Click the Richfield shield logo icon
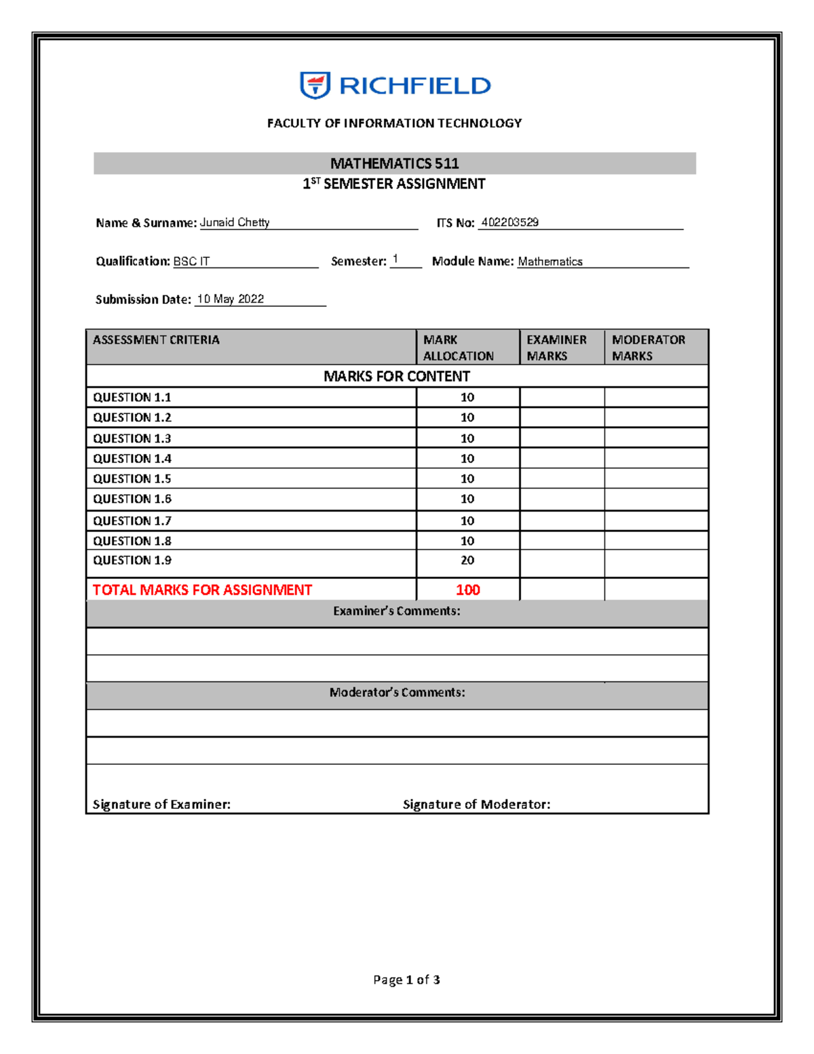click(315, 86)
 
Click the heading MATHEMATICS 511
click(394, 164)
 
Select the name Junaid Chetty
click(235, 223)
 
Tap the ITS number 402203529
click(509, 223)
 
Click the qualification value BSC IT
click(191, 261)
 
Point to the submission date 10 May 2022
click(230, 299)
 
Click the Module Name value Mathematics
click(550, 261)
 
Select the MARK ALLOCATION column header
click(458, 347)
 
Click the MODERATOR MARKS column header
click(648, 347)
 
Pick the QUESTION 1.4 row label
click(132, 459)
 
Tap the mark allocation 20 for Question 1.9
click(467, 561)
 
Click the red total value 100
click(468, 590)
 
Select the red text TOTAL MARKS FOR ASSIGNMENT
click(202, 590)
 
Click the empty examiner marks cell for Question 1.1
click(562, 398)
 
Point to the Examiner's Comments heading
click(396, 611)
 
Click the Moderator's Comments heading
click(397, 692)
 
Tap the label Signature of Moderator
click(476, 804)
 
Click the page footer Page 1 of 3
click(406, 979)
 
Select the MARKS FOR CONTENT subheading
click(396, 376)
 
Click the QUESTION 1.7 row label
click(132, 521)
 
